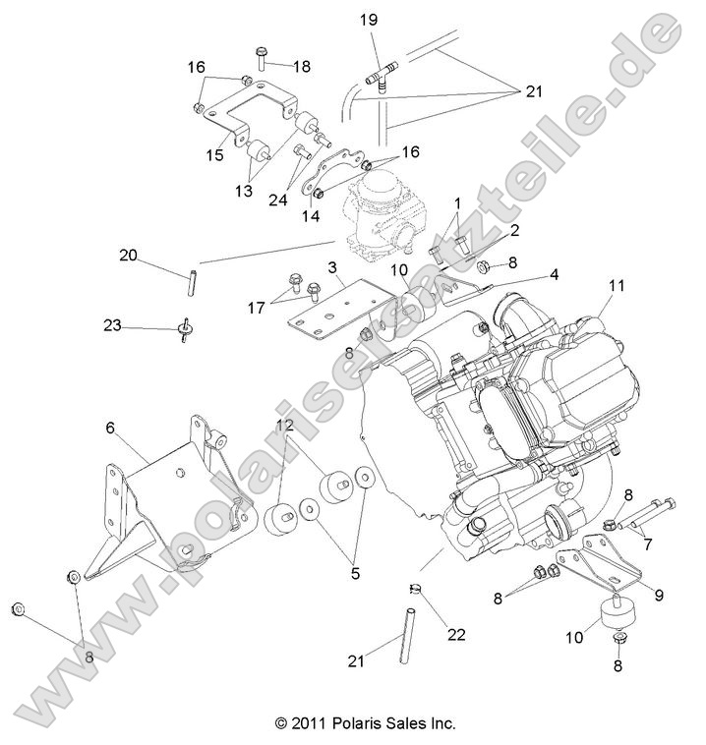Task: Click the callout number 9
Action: pos(657,594)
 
